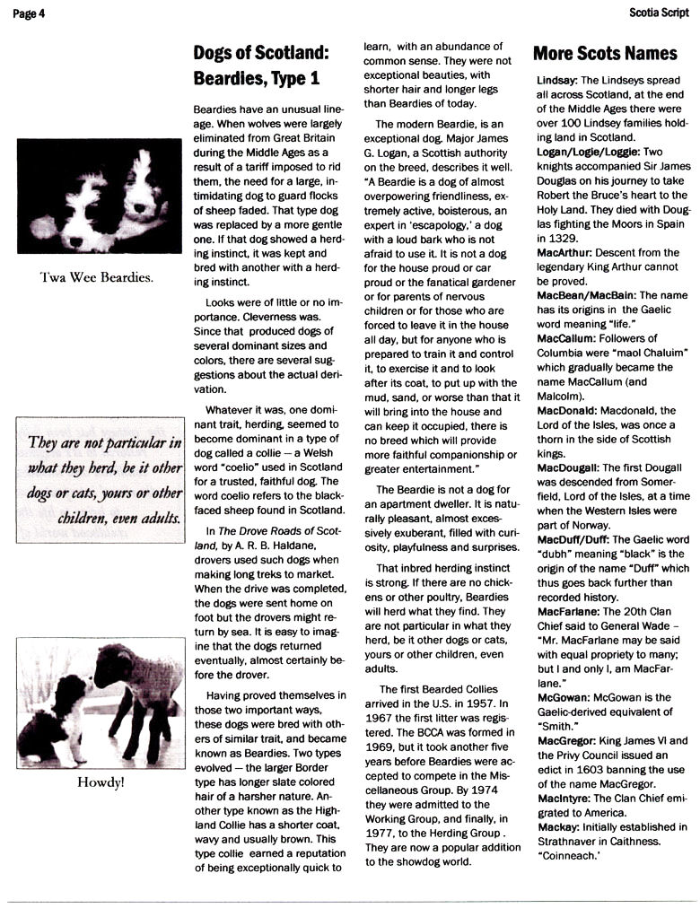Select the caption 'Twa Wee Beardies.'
[98, 277]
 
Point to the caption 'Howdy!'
[100, 782]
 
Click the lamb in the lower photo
[135, 682]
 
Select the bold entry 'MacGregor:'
[569, 740]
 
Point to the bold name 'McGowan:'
[564, 697]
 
